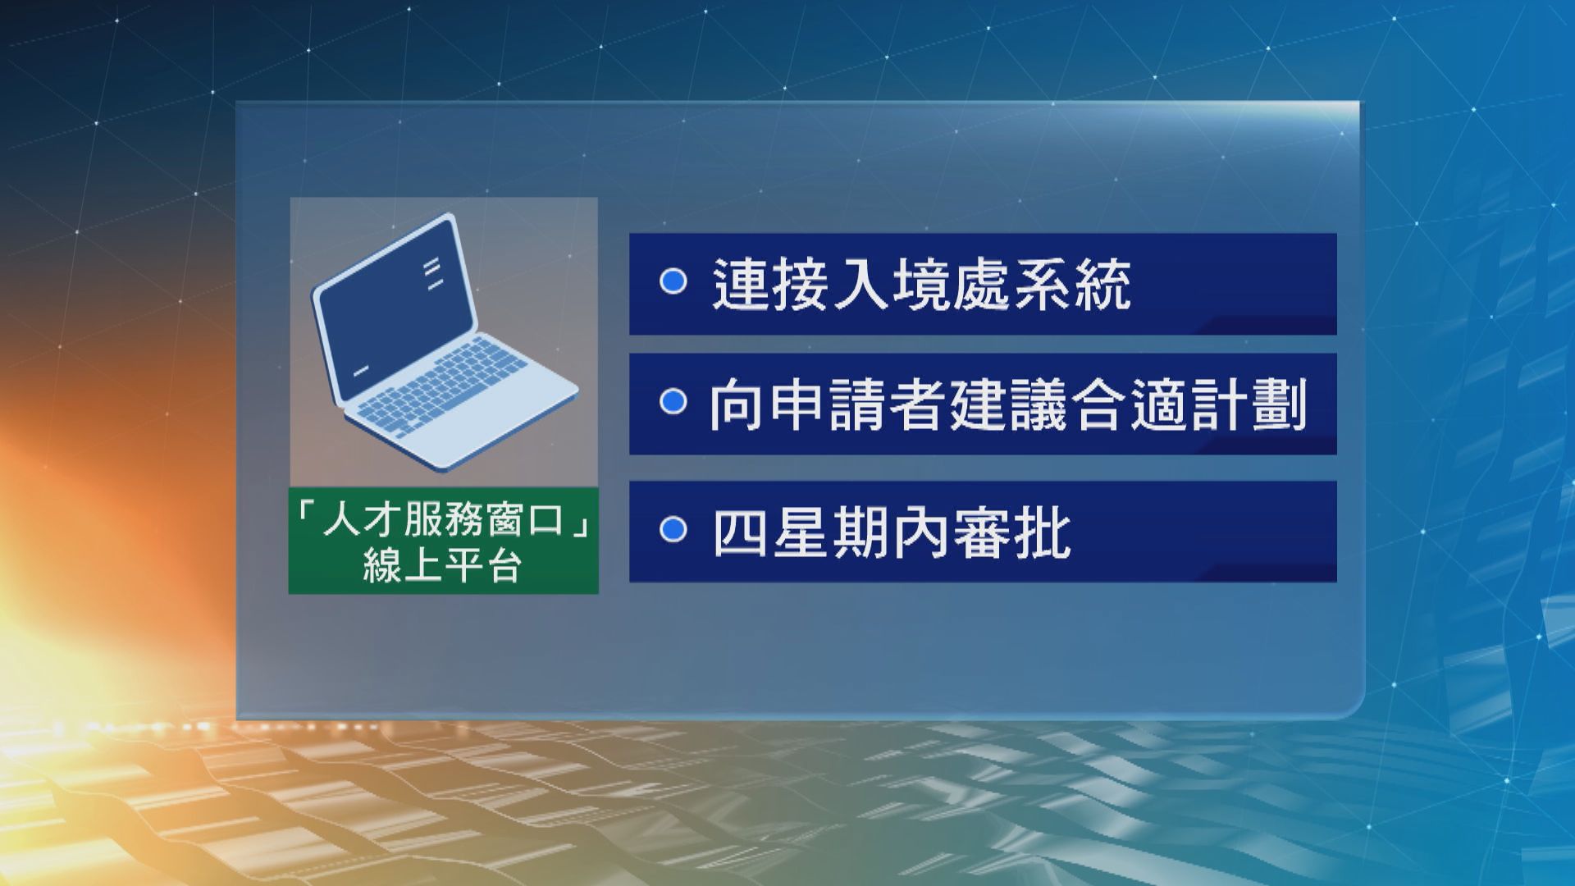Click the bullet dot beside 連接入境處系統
673,281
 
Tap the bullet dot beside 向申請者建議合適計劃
673,402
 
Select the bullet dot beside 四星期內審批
673,530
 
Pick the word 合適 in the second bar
1130,405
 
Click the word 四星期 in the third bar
801,534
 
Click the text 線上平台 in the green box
443,565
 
